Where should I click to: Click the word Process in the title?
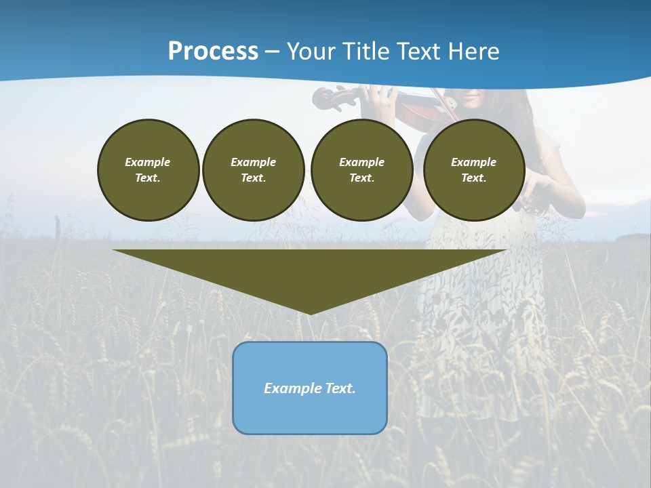pyautogui.click(x=213, y=51)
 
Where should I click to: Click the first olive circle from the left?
pyautogui.click(x=148, y=170)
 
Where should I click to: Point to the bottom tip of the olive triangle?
pyautogui.click(x=310, y=312)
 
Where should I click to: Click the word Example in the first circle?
pyautogui.click(x=148, y=162)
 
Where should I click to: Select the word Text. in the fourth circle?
pyautogui.click(x=474, y=178)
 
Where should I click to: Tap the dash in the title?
pyautogui.click(x=273, y=52)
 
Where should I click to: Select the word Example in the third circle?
pyautogui.click(x=362, y=162)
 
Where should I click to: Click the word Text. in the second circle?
pyautogui.click(x=254, y=178)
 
